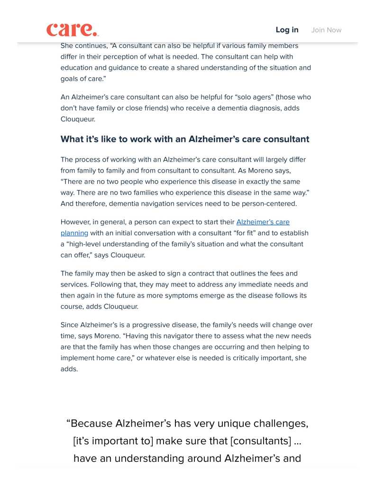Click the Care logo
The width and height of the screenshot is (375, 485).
click(73, 30)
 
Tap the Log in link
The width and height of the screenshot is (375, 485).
click(287, 30)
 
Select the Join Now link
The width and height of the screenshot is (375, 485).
click(326, 30)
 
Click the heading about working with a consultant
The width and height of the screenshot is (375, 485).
click(185, 139)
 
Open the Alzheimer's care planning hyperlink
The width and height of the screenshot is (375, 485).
click(263, 222)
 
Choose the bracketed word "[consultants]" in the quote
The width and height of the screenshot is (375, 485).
click(261, 441)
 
